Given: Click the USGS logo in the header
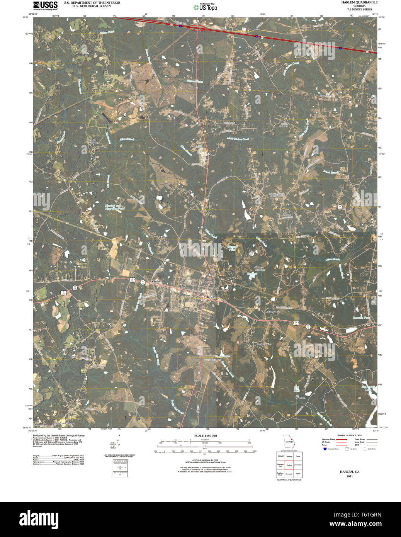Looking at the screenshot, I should click(45, 5).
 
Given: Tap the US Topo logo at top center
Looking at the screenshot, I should click(205, 7).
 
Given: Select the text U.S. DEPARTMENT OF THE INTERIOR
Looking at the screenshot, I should click(92, 3).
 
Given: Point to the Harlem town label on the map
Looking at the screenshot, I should click(210, 297).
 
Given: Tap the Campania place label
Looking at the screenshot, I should click(273, 311).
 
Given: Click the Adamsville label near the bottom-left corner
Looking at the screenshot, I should click(40, 425).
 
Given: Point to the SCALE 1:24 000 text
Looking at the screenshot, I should click(206, 436).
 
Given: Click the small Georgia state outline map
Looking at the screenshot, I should click(288, 442).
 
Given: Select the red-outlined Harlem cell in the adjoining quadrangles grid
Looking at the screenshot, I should click(289, 465).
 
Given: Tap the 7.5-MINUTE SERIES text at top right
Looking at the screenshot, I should click(359, 9).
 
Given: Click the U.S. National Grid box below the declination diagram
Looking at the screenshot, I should click(120, 468).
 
